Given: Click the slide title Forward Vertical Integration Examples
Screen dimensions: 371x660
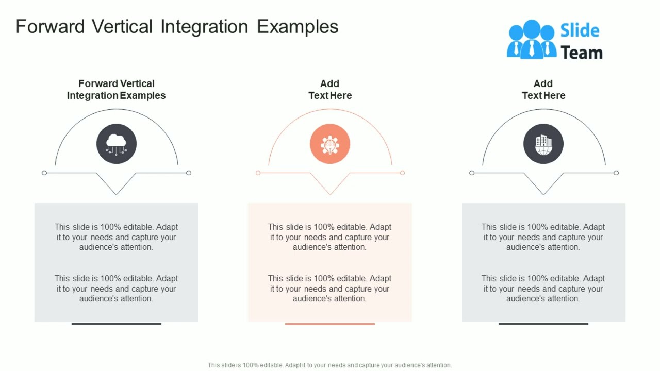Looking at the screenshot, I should point(177,27).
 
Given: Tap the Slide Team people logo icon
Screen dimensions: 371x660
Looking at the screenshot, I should point(531,40).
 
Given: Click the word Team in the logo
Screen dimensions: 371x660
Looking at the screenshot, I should point(581,53).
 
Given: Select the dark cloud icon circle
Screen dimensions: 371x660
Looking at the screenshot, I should point(117,144).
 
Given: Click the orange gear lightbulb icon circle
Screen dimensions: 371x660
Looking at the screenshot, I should point(330,144).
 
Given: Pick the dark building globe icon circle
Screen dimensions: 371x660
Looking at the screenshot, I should point(543,144).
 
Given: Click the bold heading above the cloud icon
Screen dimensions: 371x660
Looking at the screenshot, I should point(117,89).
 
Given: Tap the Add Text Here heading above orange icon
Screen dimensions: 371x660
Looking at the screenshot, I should point(330,89).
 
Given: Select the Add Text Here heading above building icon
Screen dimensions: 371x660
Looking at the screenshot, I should point(543,89).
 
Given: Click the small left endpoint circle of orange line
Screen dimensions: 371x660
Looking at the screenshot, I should point(258,173).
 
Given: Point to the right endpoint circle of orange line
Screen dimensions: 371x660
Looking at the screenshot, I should point(403,173).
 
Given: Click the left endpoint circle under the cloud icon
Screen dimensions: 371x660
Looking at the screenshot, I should point(44,173).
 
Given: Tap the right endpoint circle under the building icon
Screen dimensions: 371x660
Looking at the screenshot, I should point(616,173).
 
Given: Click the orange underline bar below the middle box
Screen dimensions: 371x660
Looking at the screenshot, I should point(330,324).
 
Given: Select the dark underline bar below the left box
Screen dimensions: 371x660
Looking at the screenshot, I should point(117,324).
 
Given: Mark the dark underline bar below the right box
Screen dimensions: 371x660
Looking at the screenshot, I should point(543,324).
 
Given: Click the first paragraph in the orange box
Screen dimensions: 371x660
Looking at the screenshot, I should point(330,237).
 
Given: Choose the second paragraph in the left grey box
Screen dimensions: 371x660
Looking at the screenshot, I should point(117,289).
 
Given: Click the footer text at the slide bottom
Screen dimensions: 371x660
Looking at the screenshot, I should point(330,365).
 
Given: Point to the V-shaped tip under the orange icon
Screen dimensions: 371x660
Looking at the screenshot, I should point(330,194).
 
